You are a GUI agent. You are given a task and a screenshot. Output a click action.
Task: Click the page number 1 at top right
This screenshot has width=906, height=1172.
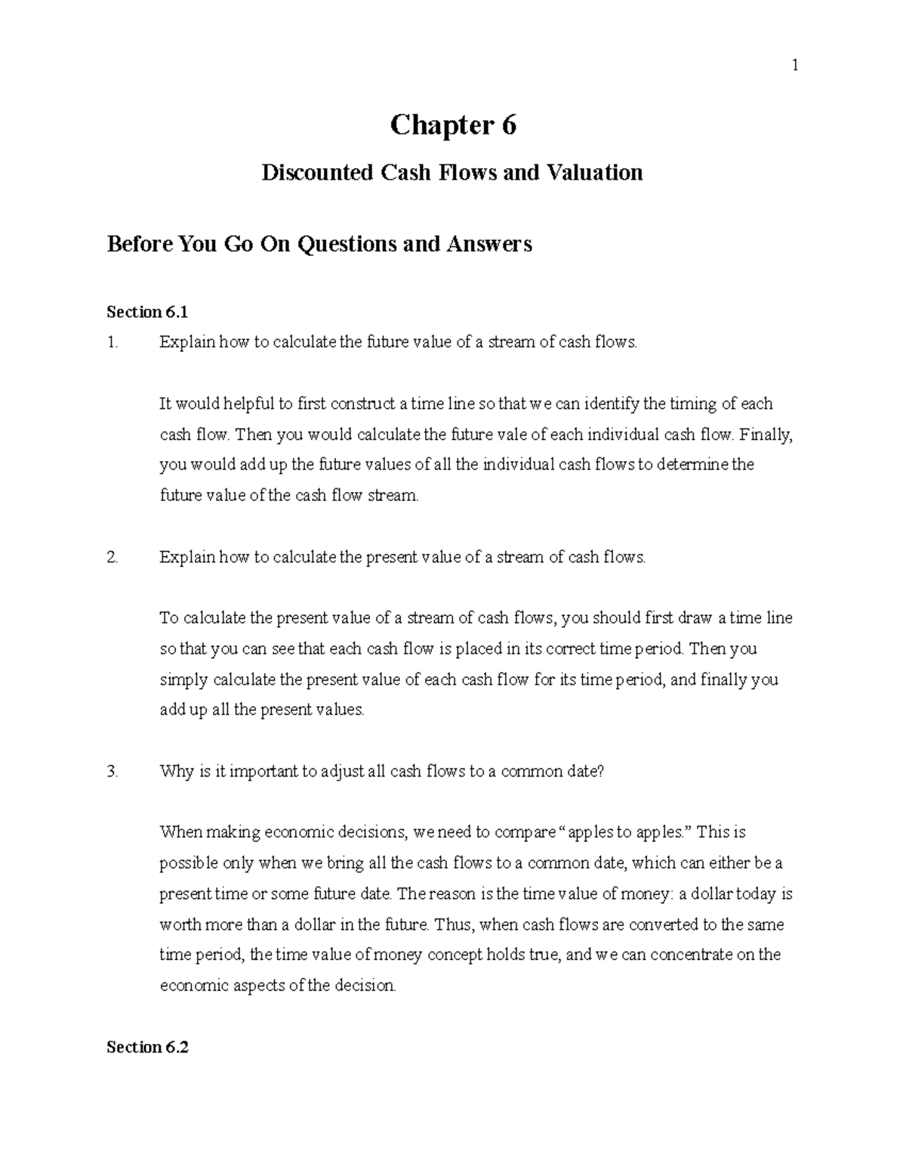(794, 66)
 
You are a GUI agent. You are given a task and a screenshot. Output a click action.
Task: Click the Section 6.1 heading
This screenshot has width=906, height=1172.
(146, 312)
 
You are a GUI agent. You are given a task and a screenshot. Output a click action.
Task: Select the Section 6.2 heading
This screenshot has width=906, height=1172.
(147, 1047)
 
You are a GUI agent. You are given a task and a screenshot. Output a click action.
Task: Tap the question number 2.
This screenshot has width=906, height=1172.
(112, 558)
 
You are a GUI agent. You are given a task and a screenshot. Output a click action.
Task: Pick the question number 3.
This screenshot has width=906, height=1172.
(112, 771)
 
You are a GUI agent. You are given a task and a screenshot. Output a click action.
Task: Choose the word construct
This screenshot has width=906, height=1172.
(364, 404)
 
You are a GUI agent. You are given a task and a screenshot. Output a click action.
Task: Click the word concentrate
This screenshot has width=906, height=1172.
(691, 955)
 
